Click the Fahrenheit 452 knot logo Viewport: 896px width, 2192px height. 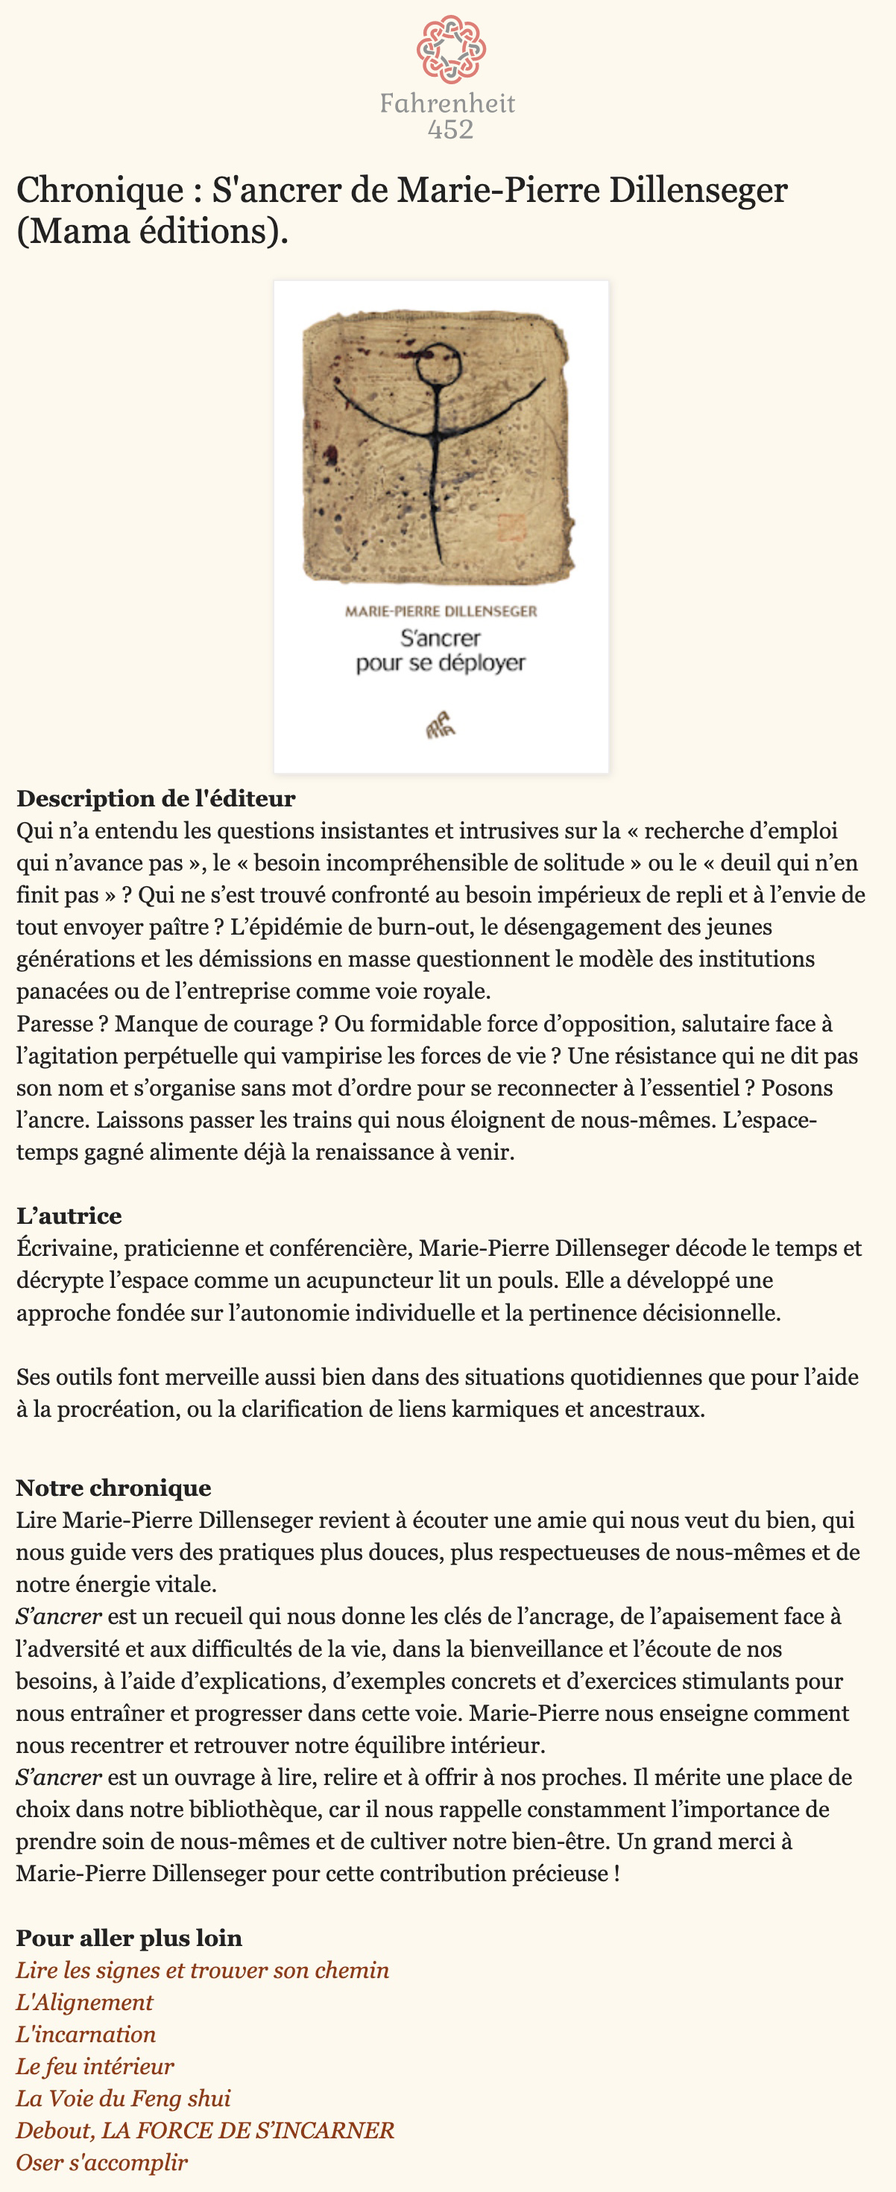pos(450,48)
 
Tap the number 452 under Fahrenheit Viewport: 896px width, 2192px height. pos(450,130)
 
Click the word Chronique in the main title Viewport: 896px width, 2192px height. pos(100,190)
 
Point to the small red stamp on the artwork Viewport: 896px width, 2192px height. pos(511,527)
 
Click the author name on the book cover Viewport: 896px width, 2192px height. pos(441,611)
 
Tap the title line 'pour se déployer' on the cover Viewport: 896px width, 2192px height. pos(441,663)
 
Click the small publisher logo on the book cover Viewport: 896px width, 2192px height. pos(441,725)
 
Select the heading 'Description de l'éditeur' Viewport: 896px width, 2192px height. pos(156,798)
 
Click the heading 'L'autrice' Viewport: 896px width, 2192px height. pos(69,1215)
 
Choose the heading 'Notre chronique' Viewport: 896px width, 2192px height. pos(113,1488)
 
